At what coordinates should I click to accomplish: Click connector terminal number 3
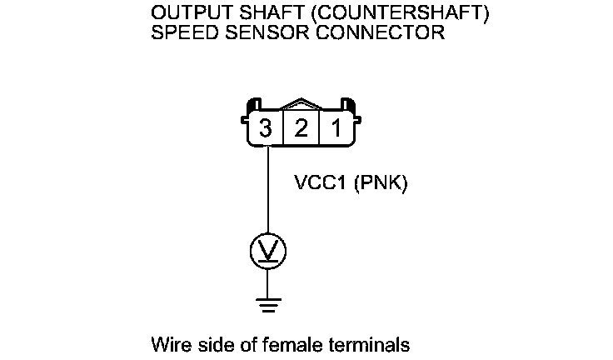(266, 129)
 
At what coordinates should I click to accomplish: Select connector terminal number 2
(301, 129)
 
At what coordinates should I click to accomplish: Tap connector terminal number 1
(336, 129)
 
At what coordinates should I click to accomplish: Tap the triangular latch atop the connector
(301, 107)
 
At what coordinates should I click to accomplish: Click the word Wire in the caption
(169, 343)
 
